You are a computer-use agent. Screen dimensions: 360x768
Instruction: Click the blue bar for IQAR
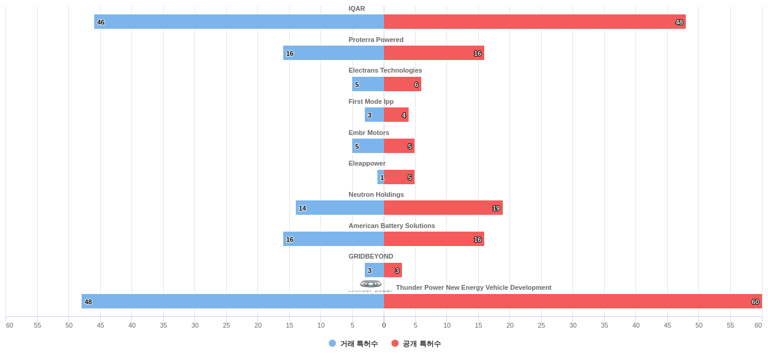click(x=239, y=22)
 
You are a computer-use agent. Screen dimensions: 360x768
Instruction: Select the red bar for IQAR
click(x=535, y=22)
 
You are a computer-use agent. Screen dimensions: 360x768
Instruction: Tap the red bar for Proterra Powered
click(x=434, y=53)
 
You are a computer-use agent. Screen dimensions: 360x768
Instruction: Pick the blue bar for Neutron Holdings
click(x=340, y=208)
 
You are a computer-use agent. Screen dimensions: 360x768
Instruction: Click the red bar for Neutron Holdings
click(x=443, y=208)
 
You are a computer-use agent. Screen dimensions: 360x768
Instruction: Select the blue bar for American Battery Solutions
click(x=334, y=239)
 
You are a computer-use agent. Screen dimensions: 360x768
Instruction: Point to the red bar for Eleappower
click(x=399, y=177)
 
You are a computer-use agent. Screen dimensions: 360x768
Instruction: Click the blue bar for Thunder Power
click(x=233, y=301)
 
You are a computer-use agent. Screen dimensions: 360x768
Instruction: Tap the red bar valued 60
click(x=573, y=301)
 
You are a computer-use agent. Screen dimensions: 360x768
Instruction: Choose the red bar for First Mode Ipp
click(x=396, y=115)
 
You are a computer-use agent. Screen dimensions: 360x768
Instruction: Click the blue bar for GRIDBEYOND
click(x=374, y=270)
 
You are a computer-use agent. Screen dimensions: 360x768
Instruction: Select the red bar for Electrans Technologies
click(x=403, y=84)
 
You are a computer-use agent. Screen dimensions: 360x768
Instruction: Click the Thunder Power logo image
click(x=371, y=286)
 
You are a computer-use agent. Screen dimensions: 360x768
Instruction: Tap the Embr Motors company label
click(x=369, y=133)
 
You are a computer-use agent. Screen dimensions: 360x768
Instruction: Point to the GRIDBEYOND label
click(x=371, y=256)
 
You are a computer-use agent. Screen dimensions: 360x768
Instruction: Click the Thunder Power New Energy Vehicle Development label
click(x=473, y=287)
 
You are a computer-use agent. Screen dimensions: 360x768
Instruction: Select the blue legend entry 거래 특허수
click(x=353, y=344)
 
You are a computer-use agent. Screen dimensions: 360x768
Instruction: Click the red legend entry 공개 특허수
click(x=416, y=344)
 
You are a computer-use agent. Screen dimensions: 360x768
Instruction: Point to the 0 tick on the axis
click(x=384, y=325)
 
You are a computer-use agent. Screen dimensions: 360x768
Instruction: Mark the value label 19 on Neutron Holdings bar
click(x=496, y=208)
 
